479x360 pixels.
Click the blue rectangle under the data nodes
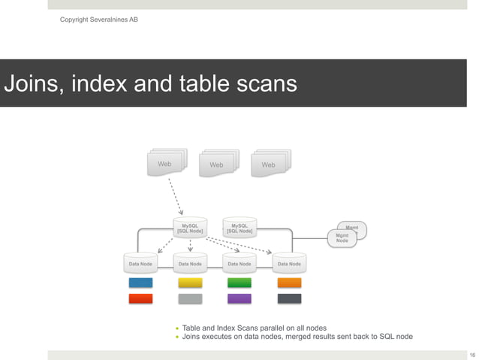point(140,283)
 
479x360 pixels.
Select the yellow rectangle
point(190,283)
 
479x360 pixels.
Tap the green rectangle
point(239,283)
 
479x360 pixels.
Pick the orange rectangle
point(289,283)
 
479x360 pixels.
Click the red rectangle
point(140,298)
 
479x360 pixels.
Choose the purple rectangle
point(239,298)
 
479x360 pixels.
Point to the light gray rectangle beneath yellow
point(190,298)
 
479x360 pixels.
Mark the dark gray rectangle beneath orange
point(289,298)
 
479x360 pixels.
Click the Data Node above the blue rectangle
point(140,264)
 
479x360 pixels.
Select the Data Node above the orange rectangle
point(289,264)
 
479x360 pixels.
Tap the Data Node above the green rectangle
point(239,264)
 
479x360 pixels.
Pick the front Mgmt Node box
point(342,238)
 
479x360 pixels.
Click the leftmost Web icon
point(164,164)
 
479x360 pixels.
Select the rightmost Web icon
point(269,164)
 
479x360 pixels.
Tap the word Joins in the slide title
point(35,84)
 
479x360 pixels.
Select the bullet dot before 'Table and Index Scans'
point(178,328)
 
